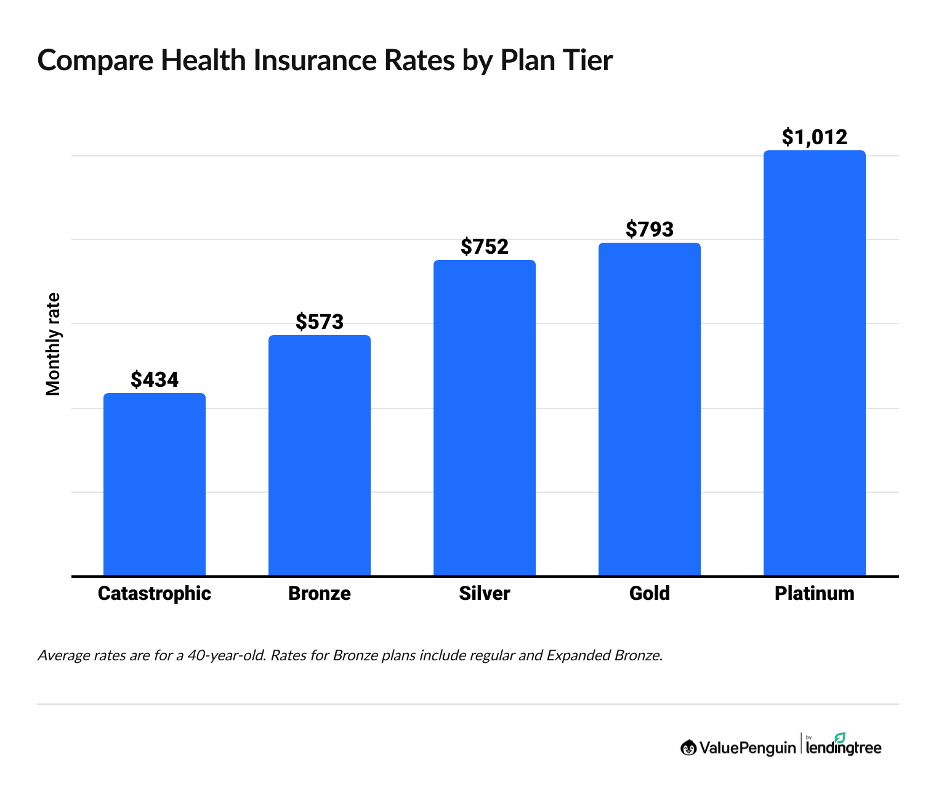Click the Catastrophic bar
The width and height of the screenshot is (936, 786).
(x=155, y=484)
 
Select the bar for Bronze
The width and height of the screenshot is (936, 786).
(x=320, y=455)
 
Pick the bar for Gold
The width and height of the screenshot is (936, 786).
(x=650, y=409)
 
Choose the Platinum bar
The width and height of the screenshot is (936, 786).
(x=815, y=363)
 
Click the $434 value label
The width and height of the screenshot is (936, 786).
(x=155, y=380)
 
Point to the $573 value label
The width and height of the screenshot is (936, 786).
(x=320, y=322)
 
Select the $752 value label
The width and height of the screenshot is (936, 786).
(x=485, y=247)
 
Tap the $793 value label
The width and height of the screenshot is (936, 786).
(x=650, y=230)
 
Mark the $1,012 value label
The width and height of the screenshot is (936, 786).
(x=815, y=137)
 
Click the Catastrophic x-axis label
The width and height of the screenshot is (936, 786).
(x=155, y=594)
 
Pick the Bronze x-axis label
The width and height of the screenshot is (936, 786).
(x=320, y=594)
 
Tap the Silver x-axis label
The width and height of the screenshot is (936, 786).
(x=485, y=594)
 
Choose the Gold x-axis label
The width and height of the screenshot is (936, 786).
(x=650, y=594)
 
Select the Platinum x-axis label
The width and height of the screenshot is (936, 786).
(x=815, y=594)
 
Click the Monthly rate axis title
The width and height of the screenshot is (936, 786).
(x=54, y=344)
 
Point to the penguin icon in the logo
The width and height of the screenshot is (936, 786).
(x=688, y=748)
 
